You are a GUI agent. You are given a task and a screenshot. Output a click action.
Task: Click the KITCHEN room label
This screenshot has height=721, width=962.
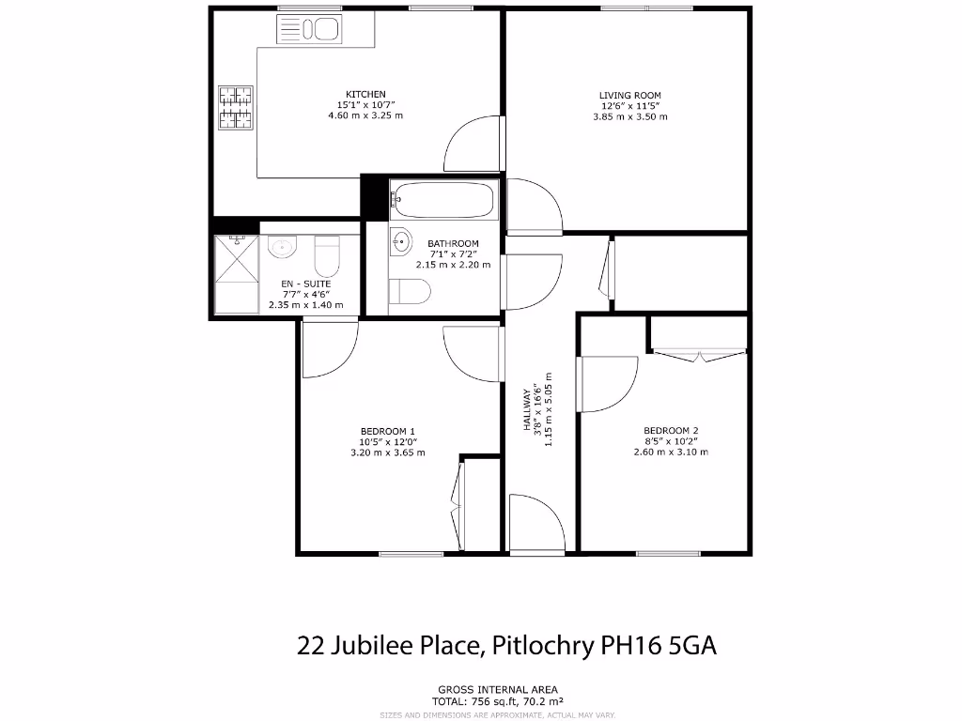coord(365,95)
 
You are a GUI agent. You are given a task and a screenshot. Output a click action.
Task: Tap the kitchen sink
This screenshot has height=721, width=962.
coord(306,29)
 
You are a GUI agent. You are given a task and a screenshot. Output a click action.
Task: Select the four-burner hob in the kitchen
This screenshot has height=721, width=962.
coord(236,107)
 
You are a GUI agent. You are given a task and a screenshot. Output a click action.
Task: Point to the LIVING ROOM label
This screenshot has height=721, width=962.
coord(630,96)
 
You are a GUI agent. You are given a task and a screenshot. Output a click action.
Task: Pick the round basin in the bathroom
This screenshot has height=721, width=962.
coord(401,241)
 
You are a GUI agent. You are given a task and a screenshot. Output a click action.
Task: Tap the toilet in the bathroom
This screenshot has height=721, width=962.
coord(410,292)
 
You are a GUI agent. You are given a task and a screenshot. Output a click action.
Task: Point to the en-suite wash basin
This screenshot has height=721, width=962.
coord(282,248)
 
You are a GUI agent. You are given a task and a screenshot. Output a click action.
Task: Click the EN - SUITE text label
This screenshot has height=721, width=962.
coord(306,284)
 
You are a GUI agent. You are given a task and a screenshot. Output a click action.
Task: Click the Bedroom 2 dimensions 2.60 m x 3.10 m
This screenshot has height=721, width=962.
coord(671,453)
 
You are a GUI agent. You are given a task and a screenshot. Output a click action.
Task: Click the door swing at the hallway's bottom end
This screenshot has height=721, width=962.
coord(532,522)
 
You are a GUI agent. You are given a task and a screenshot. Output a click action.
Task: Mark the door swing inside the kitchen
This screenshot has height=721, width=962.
coord(473,146)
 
